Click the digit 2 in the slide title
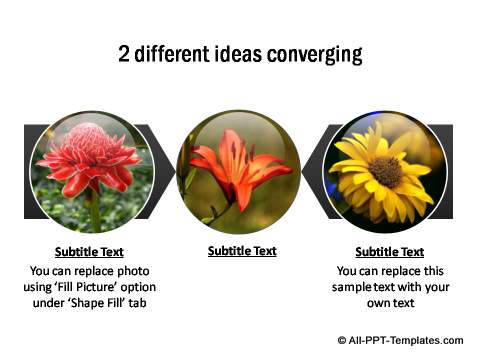click(x=124, y=53)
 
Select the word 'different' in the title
click(x=176, y=53)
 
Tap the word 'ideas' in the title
click(x=240, y=53)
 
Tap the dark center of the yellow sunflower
click(x=387, y=171)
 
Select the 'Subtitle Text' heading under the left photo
click(x=90, y=252)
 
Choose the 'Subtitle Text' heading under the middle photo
click(x=242, y=251)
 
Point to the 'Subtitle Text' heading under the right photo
click(x=389, y=252)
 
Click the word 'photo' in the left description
click(x=133, y=270)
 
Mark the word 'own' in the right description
click(x=375, y=304)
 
